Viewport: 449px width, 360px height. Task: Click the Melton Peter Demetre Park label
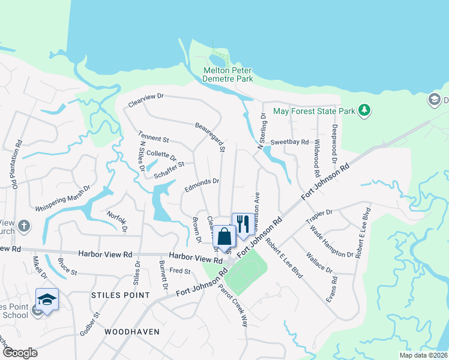(228, 74)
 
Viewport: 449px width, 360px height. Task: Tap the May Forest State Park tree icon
(363, 110)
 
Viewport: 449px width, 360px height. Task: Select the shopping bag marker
(224, 237)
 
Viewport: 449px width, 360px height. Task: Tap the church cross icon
(23, 226)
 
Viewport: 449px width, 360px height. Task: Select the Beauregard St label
(209, 137)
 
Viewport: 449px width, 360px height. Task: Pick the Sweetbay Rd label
(289, 142)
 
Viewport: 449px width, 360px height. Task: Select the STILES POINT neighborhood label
(119, 295)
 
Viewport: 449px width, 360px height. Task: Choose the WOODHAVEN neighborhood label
(131, 331)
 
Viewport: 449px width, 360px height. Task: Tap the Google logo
(20, 353)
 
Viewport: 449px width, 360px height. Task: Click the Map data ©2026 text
(423, 355)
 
